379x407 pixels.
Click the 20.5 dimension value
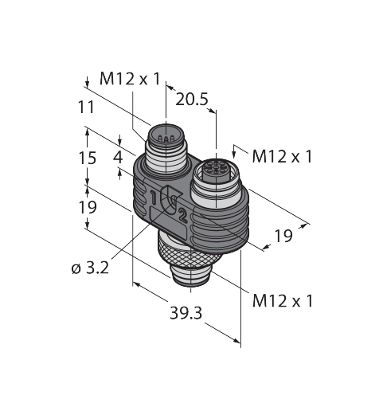tap(192, 100)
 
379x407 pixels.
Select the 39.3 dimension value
tap(186, 313)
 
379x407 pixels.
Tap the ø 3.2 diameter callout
tap(90, 268)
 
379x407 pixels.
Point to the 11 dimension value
tap(86, 108)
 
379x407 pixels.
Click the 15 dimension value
tap(87, 158)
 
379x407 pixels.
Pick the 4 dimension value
tap(118, 157)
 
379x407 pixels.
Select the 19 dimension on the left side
tap(88, 207)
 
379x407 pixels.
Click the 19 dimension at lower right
tap(283, 236)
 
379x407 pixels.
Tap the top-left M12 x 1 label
tap(130, 79)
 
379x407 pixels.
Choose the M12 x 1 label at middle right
tap(283, 156)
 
